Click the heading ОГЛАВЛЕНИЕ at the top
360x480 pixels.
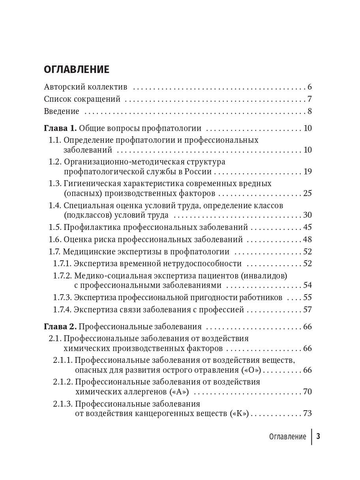pos(77,70)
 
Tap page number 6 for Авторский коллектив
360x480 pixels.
pos(309,87)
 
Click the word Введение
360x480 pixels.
pos(62,111)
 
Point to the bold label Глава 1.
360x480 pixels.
pos(60,128)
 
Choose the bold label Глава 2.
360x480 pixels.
pos(60,327)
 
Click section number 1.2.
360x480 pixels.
pos(55,162)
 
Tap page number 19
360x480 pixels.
pos(307,172)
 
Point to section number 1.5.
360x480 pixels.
pos(55,227)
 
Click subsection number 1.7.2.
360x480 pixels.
pos(62,275)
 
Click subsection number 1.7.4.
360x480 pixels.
pos(62,310)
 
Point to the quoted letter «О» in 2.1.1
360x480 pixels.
pos(251,370)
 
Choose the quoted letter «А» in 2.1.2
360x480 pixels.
pos(179,392)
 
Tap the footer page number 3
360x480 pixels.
pos(318,436)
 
